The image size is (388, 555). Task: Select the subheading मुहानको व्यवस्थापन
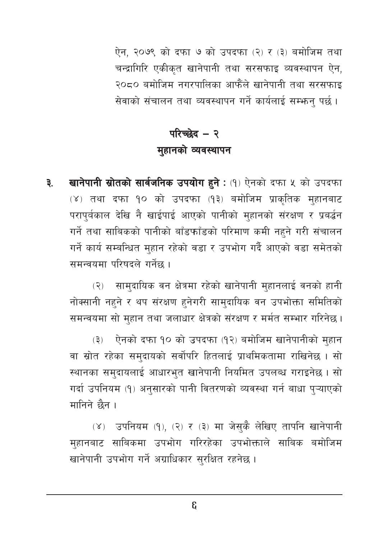pos(194,150)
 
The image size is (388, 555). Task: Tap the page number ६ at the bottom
pos(194,506)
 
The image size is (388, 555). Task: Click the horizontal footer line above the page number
pos(194,494)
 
